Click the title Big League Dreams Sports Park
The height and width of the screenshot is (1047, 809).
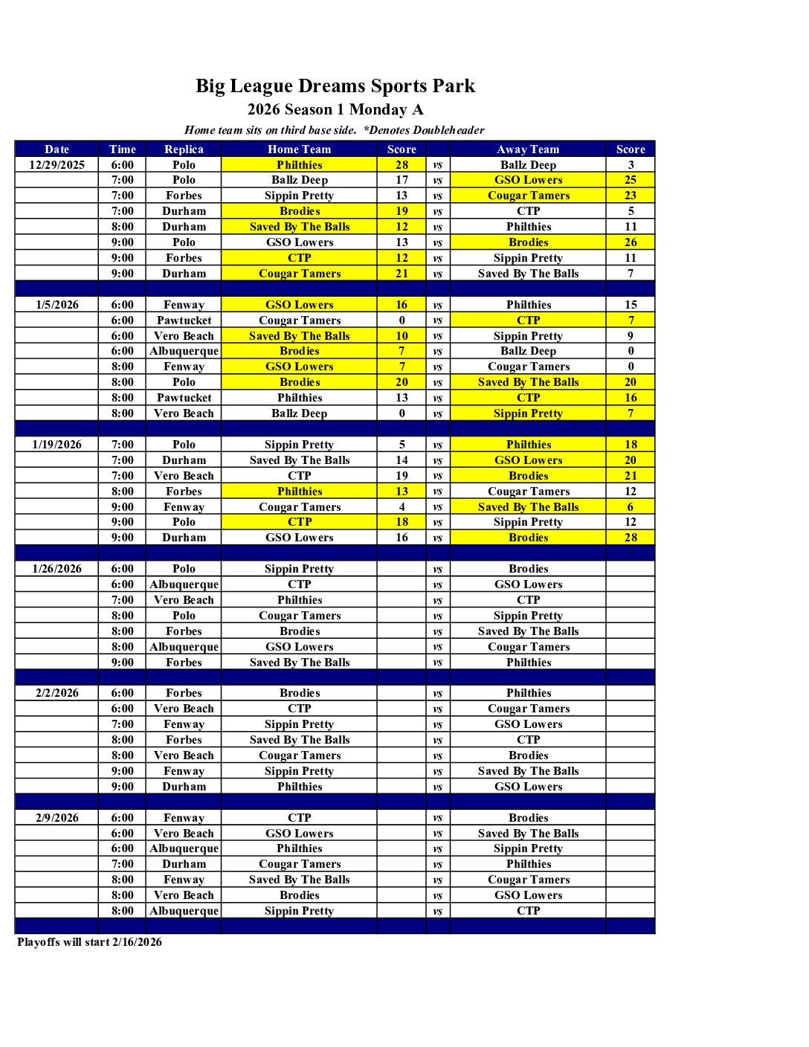point(335,86)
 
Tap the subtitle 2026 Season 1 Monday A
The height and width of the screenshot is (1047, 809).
point(335,110)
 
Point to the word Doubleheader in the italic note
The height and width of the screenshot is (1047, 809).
point(448,130)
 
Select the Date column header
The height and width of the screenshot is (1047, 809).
point(57,149)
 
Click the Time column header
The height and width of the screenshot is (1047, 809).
point(123,149)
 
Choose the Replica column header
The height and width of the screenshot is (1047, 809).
point(184,149)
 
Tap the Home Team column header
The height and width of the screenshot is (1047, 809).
point(299,149)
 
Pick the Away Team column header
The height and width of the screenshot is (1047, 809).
point(528,149)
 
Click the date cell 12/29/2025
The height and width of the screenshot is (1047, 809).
point(57,165)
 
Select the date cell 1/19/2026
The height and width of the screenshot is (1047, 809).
point(57,445)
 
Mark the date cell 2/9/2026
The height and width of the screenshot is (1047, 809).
point(57,818)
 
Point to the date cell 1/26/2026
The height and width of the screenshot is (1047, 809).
point(57,569)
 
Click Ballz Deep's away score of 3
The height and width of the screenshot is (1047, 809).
point(631,165)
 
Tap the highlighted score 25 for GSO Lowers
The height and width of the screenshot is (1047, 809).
point(631,180)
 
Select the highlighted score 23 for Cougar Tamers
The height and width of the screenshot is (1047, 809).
point(631,196)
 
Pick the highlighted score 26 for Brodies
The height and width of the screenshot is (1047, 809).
point(631,242)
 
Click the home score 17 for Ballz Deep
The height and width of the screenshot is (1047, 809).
point(402,180)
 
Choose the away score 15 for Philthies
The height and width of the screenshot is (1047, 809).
point(631,305)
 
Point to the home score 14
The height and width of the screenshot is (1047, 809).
point(402,460)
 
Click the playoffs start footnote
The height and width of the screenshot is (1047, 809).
point(89,942)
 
